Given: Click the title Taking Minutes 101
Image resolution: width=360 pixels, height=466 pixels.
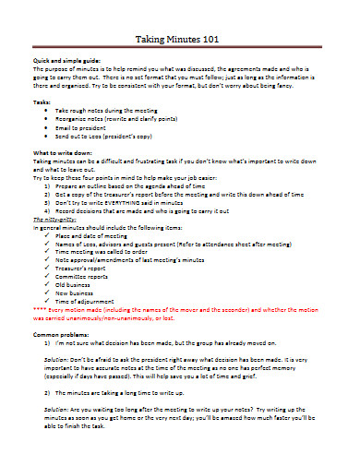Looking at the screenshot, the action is click(x=181, y=41).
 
